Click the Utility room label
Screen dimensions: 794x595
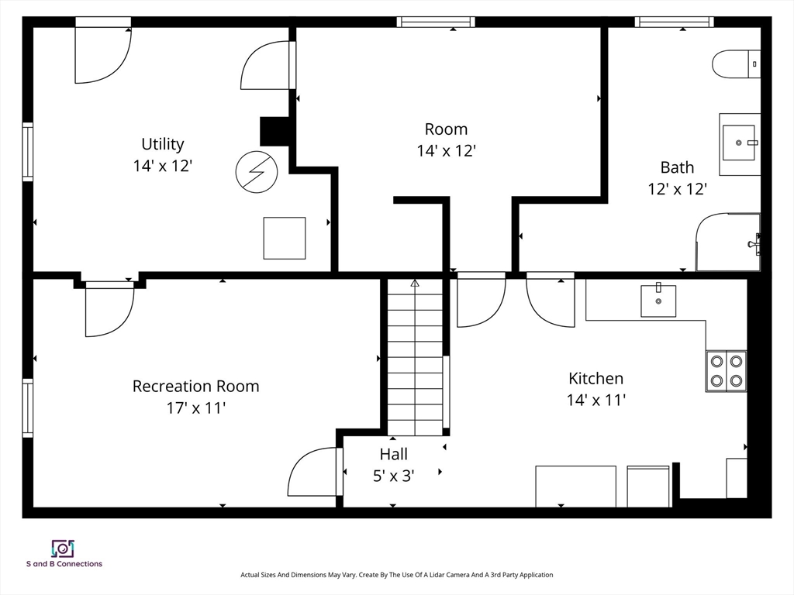pos(163,144)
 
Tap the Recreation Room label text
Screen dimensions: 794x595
pos(195,386)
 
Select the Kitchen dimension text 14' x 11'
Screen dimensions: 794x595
pos(596,401)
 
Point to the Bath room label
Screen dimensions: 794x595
pos(677,167)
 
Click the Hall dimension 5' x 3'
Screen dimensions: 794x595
pos(393,476)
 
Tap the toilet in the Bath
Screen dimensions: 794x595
pos(737,64)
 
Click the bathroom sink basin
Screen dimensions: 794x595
pos(739,143)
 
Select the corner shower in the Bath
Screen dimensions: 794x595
pos(728,242)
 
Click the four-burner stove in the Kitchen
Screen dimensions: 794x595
pos(726,371)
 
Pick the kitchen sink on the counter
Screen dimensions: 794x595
pos(658,301)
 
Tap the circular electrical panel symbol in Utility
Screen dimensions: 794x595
pos(257,172)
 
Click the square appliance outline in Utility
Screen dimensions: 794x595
pos(285,239)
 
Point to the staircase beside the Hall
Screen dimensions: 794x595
pos(416,357)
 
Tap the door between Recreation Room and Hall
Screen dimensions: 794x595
pos(314,472)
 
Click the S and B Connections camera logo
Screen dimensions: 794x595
pos(63,549)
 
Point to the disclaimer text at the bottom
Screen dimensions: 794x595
pos(396,575)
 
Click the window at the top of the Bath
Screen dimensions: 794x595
pos(675,22)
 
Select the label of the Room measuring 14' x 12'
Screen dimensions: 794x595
pos(446,129)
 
